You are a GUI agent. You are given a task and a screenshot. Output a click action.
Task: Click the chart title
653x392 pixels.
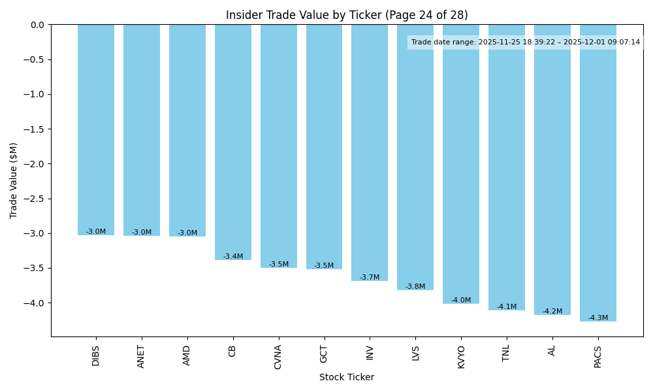point(347,15)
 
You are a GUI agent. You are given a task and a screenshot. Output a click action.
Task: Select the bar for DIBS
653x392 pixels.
point(96,131)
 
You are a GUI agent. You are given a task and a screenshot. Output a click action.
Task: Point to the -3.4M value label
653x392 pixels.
point(232,257)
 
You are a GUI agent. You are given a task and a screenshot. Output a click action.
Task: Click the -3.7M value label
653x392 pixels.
point(370,278)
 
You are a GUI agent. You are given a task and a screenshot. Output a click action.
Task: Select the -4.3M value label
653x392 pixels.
point(597,318)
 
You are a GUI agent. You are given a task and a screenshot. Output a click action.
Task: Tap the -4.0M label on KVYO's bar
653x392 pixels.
point(461,301)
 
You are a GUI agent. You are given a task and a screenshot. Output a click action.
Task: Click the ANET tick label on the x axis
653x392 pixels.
point(141,357)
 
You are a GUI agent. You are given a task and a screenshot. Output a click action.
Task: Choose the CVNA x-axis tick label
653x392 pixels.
point(278,357)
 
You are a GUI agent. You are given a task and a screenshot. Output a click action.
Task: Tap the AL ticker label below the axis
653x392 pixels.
point(552,351)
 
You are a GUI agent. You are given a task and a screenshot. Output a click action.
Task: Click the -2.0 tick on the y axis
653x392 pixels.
point(35,164)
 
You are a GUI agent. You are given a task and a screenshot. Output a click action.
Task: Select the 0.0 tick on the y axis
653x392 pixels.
point(38,25)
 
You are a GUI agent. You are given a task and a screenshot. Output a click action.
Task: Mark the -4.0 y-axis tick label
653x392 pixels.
point(35,303)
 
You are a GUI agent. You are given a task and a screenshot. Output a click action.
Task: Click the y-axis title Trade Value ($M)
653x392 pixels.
point(14,180)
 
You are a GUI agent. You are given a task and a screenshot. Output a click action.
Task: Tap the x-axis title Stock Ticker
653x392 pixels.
point(347,378)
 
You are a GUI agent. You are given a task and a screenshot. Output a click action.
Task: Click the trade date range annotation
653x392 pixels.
point(526,42)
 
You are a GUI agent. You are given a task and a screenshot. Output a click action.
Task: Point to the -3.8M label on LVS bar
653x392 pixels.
point(415,287)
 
